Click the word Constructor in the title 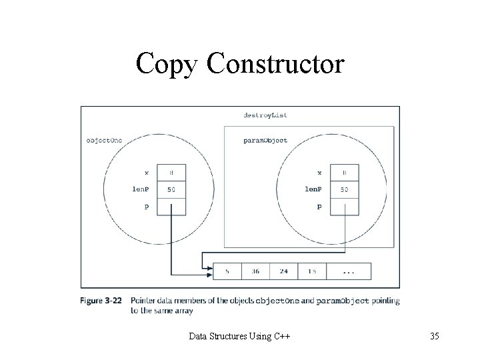pos(276,63)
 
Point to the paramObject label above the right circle pos(265,140)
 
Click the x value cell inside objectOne pos(171,172)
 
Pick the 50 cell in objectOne pos(171,189)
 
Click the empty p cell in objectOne pos(171,207)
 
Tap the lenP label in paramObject pos(313,189)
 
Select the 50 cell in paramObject pos(344,189)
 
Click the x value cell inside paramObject pos(344,172)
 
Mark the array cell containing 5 pos(228,271)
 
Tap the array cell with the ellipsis pos(349,271)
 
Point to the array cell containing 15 pos(313,271)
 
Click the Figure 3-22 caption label pos(102,301)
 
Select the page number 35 pos(434,336)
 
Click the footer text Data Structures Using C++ pos(239,336)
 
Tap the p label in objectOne pos(146,207)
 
